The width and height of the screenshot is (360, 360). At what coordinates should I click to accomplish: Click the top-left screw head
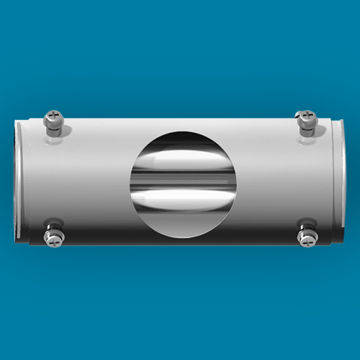click(52, 118)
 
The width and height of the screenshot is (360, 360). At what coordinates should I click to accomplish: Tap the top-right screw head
click(306, 118)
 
